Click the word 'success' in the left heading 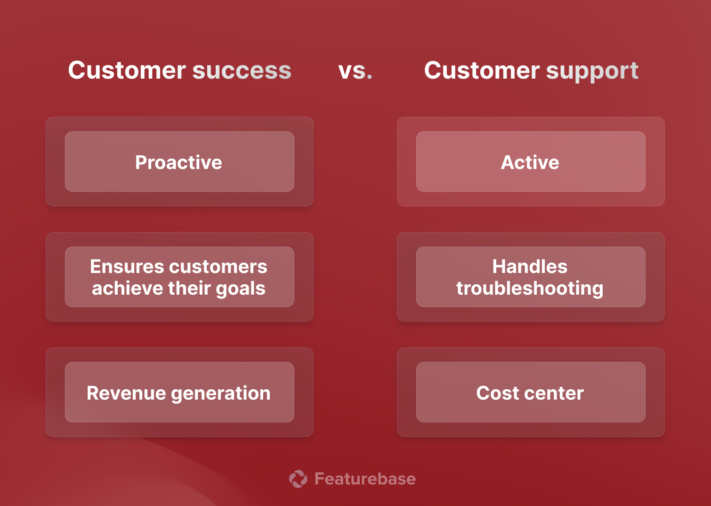click(242, 71)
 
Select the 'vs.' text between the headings click(355, 71)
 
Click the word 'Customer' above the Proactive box click(127, 71)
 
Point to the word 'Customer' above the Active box click(482, 71)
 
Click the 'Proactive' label click(178, 162)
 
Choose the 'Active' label click(530, 162)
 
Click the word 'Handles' click(530, 266)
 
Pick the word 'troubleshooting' click(530, 288)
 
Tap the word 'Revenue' click(126, 393)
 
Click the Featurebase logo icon click(298, 479)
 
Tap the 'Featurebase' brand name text click(365, 479)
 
